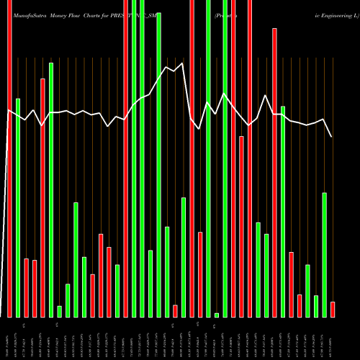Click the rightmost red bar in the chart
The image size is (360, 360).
click(x=333, y=309)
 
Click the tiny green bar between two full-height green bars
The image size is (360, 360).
click(x=217, y=315)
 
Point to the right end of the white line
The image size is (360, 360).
click(x=332, y=137)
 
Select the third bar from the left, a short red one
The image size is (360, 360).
click(x=27, y=287)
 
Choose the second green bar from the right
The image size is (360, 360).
click(x=316, y=306)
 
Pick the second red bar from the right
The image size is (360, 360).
click(x=300, y=305)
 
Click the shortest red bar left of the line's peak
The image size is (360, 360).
click(x=175, y=310)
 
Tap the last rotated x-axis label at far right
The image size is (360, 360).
click(x=333, y=338)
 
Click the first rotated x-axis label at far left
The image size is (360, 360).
click(x=9, y=338)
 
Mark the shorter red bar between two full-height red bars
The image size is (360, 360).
click(x=242, y=226)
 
